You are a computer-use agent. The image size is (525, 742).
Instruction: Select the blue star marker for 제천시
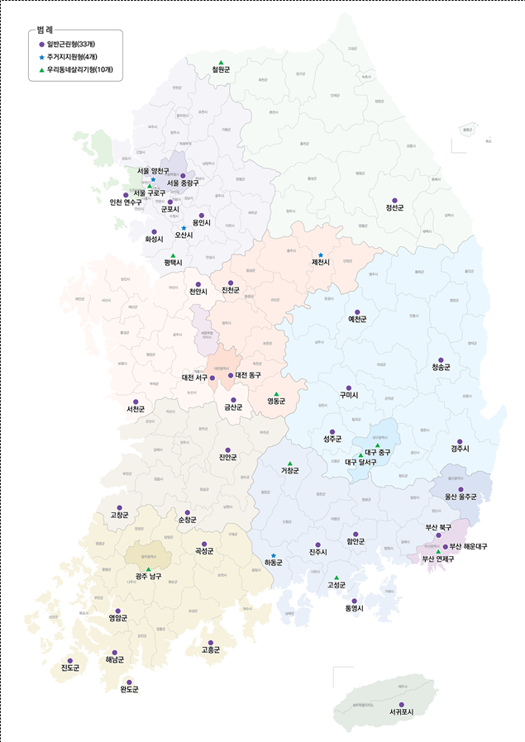click(x=321, y=254)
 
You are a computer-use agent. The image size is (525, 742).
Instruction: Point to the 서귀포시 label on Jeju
click(x=400, y=711)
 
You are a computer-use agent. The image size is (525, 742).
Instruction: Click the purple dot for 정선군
click(x=394, y=200)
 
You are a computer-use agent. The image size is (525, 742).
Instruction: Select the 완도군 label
click(x=129, y=690)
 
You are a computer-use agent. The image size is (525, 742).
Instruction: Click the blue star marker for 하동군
click(x=274, y=555)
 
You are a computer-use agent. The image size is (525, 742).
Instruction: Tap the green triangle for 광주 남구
click(x=149, y=569)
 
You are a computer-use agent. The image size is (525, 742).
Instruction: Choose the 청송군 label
click(x=441, y=368)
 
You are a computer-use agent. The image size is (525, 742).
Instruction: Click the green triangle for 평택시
click(x=173, y=255)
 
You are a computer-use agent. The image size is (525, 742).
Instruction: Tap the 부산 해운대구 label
click(x=469, y=547)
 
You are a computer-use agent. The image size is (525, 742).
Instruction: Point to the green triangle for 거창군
click(x=289, y=463)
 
